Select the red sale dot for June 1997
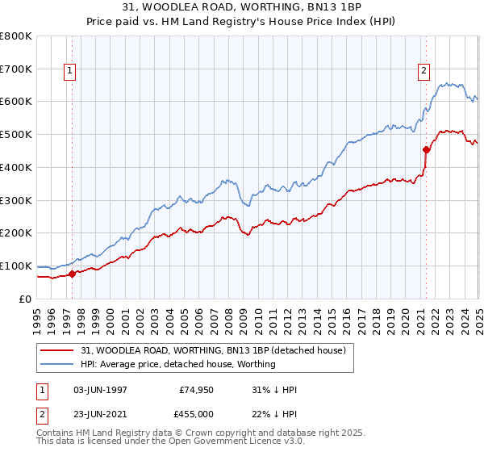[72, 274]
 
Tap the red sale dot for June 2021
[426, 149]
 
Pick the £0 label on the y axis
[25, 299]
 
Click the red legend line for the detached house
[57, 350]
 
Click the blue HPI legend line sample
[57, 364]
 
